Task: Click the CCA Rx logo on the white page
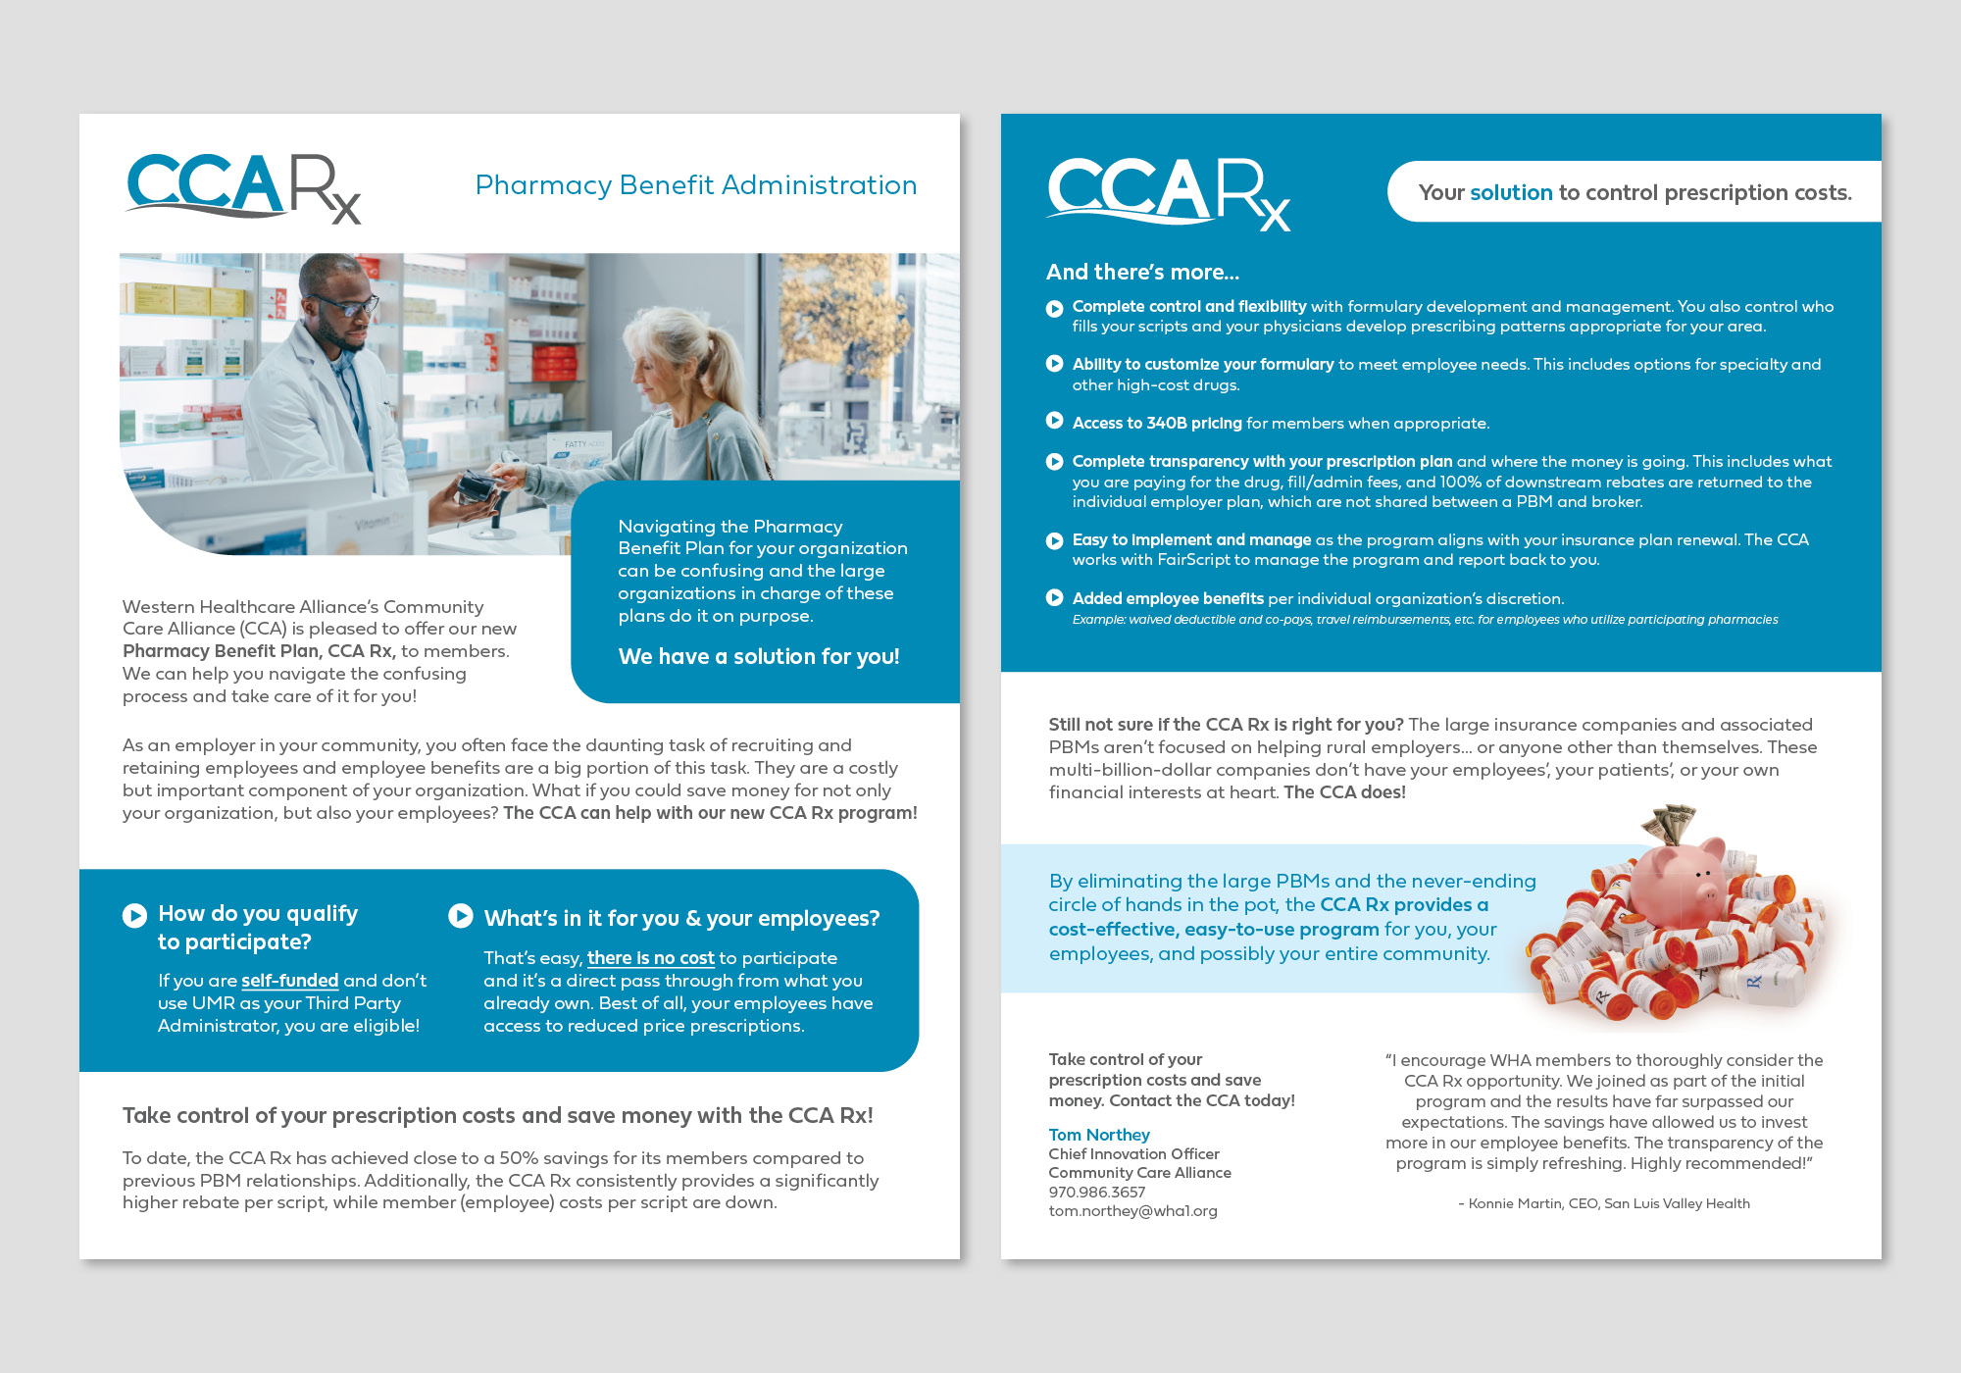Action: [x=243, y=187]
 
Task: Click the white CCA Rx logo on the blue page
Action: [x=1168, y=193]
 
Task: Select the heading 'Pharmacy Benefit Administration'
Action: [x=695, y=185]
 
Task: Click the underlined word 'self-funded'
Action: [x=289, y=981]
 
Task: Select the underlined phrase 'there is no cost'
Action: [x=650, y=958]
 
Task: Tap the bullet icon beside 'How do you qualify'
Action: [x=134, y=915]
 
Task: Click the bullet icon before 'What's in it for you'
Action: [x=460, y=916]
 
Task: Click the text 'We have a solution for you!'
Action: [x=758, y=657]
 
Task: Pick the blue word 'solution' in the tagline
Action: [x=1511, y=193]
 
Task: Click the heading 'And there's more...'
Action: [x=1142, y=273]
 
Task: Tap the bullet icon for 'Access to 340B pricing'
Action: [x=1055, y=422]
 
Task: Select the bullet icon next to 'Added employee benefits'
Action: [x=1055, y=598]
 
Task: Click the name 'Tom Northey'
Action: [x=1098, y=1135]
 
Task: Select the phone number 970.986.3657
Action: [x=1096, y=1193]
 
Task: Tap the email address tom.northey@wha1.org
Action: [x=1132, y=1211]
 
